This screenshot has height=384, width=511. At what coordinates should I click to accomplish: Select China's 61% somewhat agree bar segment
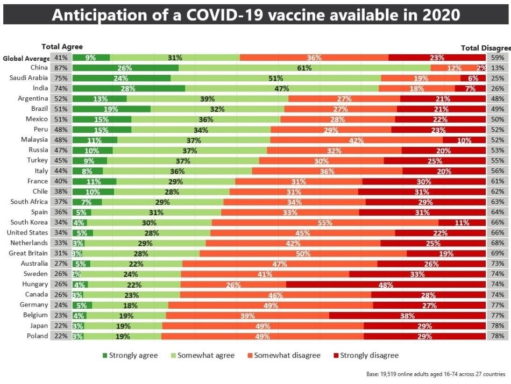[x=304, y=68]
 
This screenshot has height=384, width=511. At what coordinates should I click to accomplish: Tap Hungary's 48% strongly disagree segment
[x=386, y=285]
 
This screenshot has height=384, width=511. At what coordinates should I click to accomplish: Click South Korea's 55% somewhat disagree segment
[x=325, y=223]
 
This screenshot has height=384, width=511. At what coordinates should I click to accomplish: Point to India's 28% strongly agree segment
[x=129, y=89]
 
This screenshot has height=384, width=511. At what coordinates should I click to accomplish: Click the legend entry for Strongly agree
[x=130, y=355]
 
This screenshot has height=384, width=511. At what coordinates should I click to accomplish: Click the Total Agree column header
[x=62, y=47]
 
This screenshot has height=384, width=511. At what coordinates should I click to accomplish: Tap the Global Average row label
[x=26, y=58]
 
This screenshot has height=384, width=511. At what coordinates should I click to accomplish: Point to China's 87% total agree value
[x=61, y=68]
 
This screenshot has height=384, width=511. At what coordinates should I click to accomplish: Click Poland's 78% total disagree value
[x=498, y=336]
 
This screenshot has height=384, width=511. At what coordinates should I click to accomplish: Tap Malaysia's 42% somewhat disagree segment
[x=356, y=140]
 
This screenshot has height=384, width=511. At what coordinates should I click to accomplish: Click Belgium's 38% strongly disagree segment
[x=407, y=316]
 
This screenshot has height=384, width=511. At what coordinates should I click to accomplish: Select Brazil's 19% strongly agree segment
[x=111, y=109]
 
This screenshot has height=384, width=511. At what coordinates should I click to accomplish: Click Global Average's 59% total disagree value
[x=498, y=58]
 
